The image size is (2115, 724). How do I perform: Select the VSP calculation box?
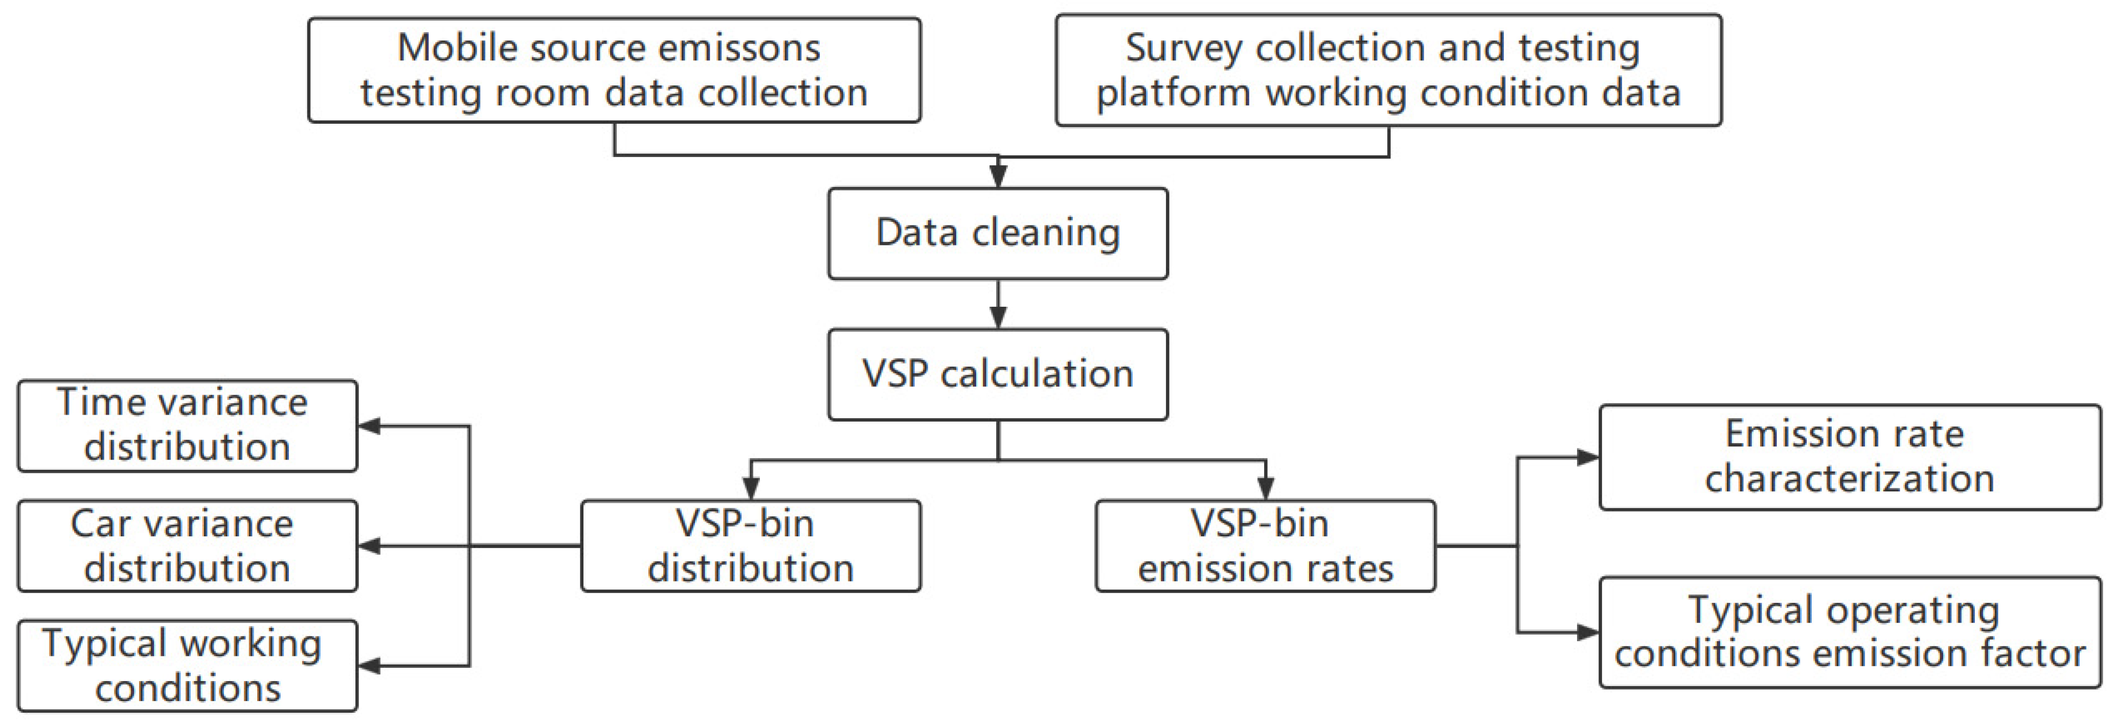click(998, 374)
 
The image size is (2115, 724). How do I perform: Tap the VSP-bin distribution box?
click(751, 546)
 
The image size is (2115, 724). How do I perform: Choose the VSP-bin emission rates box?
click(1265, 546)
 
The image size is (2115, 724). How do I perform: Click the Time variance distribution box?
click(187, 425)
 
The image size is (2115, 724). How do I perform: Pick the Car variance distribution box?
click(187, 546)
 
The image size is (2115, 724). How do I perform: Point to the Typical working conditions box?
click(187, 666)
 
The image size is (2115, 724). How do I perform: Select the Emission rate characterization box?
click(1850, 457)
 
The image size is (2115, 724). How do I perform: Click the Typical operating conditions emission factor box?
click(1850, 632)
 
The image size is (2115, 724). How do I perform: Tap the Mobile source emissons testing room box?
click(614, 71)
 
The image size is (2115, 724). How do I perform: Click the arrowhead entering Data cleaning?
click(998, 176)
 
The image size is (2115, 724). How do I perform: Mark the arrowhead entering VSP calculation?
click(998, 318)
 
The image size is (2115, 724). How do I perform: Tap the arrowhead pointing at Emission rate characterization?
click(1587, 457)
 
